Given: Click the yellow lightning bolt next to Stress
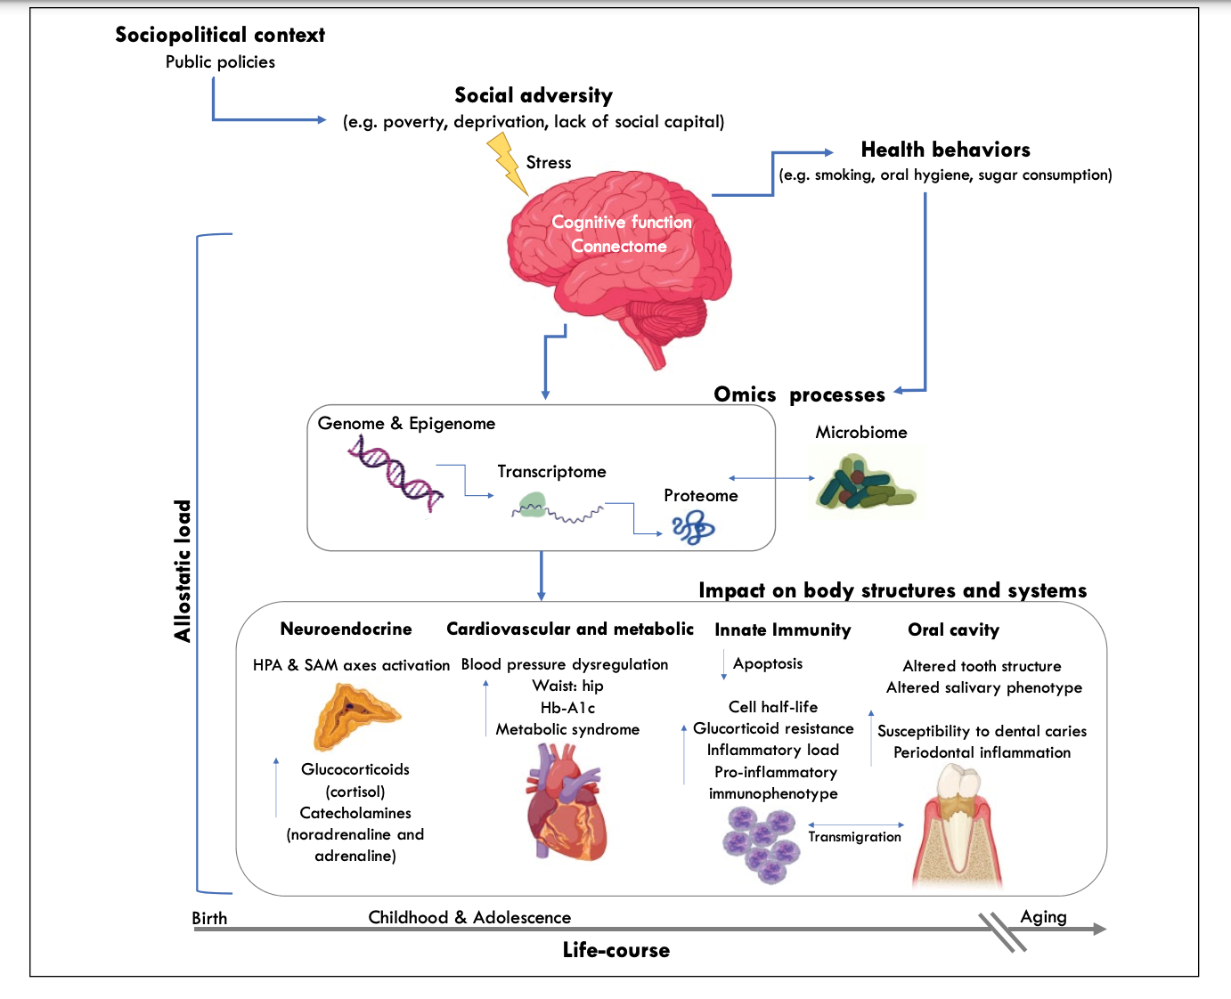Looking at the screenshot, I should (507, 163).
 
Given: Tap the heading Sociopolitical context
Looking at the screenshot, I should (220, 35).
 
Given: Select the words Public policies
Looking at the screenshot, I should (220, 62).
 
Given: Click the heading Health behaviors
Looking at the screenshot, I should (945, 150).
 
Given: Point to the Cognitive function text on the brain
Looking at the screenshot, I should (622, 222).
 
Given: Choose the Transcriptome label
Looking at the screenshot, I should (551, 472).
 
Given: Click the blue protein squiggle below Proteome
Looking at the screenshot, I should (694, 530).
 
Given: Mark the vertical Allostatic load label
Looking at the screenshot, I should (183, 571).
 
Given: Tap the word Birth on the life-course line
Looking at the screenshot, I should (209, 918).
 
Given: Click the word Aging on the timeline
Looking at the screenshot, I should (1043, 916).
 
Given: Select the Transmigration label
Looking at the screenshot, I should (854, 837).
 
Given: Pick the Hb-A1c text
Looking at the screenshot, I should (567, 708).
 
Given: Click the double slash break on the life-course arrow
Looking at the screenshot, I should (1002, 931).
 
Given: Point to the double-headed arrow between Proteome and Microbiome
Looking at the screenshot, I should (771, 478).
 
